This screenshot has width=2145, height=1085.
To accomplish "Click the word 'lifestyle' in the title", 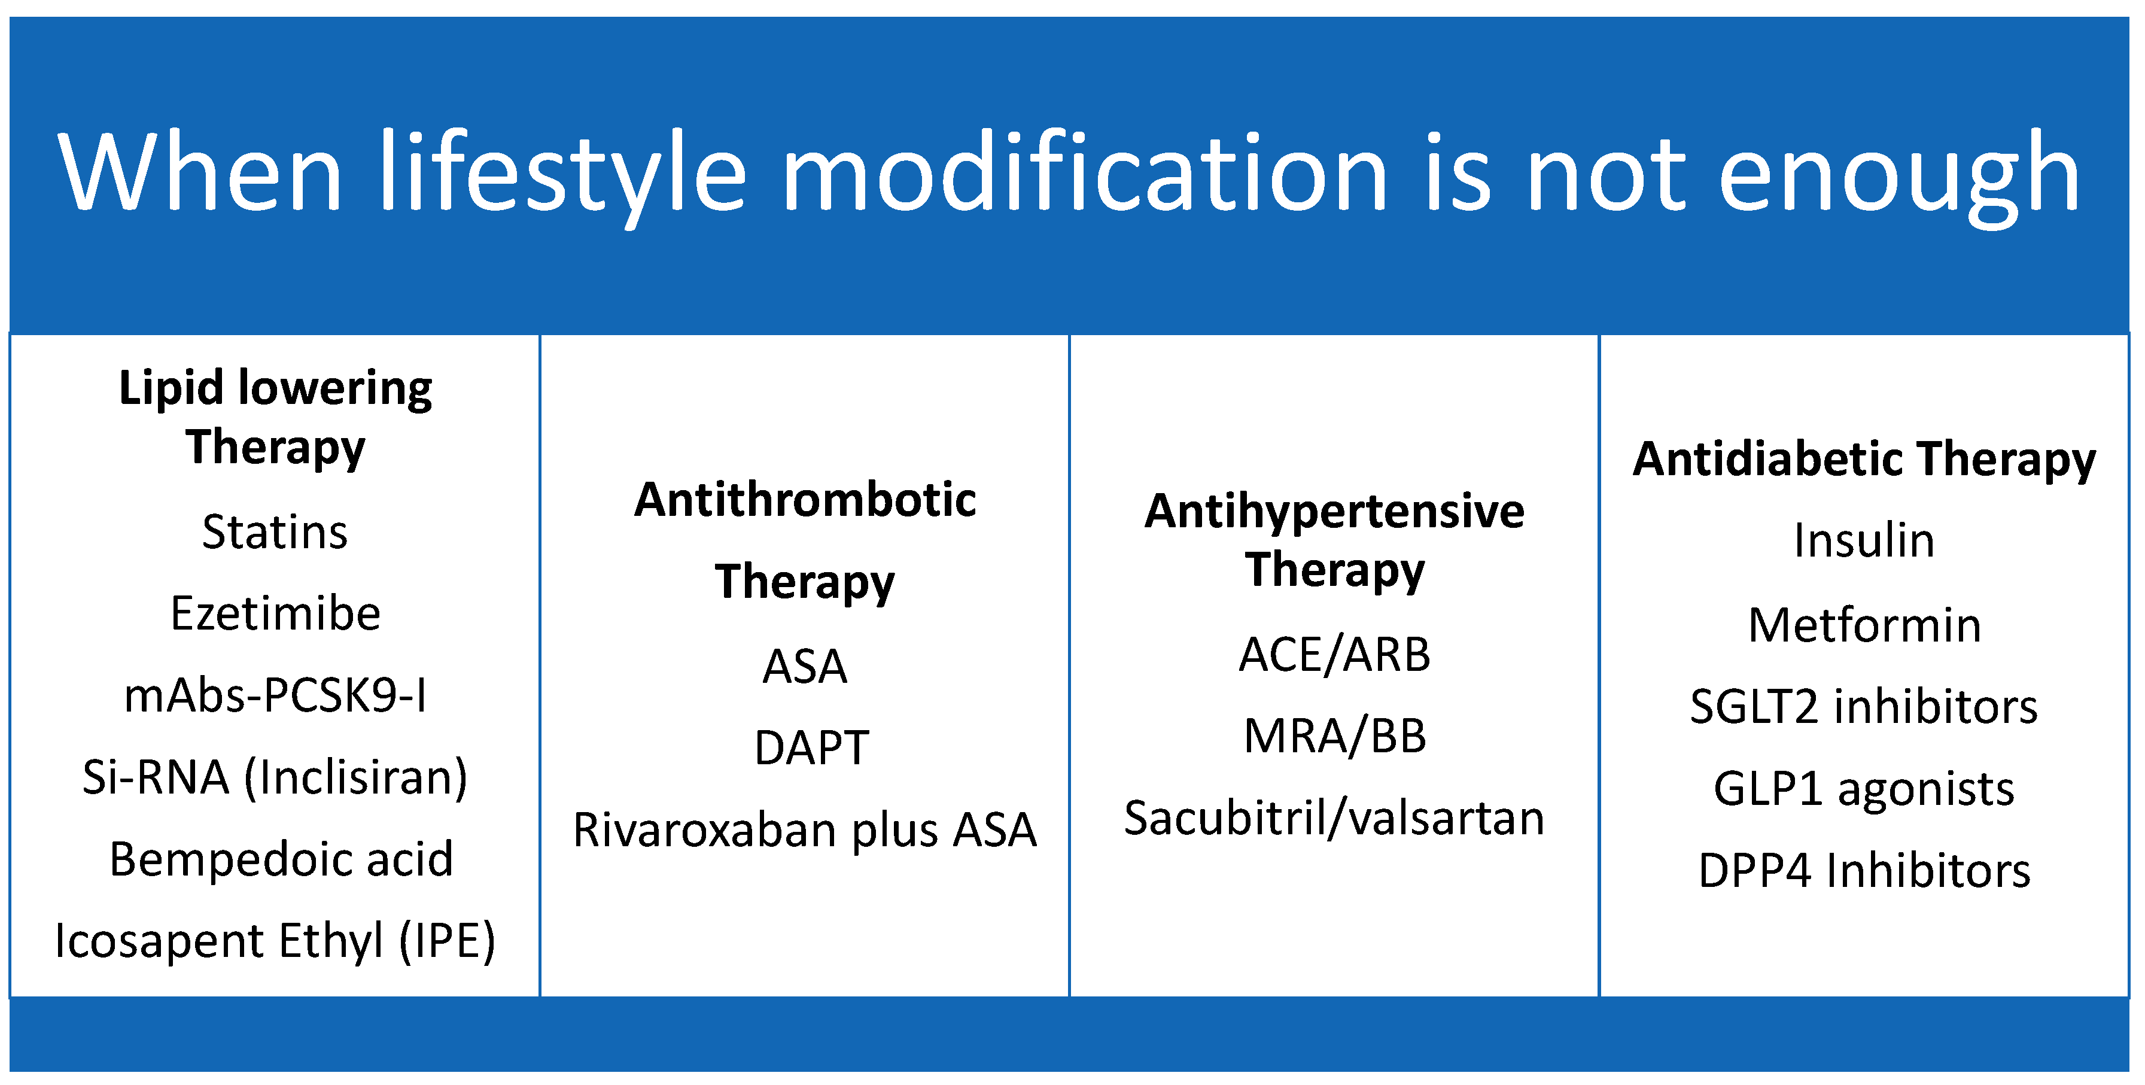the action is click(562, 175).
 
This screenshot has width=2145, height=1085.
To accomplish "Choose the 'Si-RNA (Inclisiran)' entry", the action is click(275, 778).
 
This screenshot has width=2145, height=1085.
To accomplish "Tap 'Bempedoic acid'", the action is click(281, 859).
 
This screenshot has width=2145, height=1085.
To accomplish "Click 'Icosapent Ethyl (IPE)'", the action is click(275, 941).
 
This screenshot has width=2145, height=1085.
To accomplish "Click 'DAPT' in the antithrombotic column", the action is click(812, 747).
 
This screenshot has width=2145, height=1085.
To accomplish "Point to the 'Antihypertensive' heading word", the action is click(1335, 511).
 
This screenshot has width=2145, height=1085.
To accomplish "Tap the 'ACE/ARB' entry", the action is click(1335, 655).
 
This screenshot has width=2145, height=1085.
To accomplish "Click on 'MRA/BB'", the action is click(1335, 736).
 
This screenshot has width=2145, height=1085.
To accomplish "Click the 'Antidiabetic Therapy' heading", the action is click(1864, 460).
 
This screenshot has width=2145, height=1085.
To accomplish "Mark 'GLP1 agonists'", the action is click(1864, 789).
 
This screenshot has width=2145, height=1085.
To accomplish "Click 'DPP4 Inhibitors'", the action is click(1864, 871).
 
